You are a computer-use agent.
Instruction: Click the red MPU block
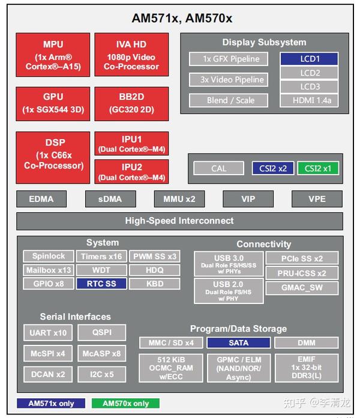pyautogui.click(x=53, y=55)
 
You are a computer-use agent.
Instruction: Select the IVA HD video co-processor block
pyautogui.click(x=131, y=55)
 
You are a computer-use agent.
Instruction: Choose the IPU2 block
pyautogui.click(x=131, y=172)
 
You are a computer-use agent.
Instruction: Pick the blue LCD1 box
pyautogui.click(x=309, y=59)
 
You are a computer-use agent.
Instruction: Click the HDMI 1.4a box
pyautogui.click(x=309, y=100)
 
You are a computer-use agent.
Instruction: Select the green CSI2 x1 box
pyautogui.click(x=317, y=169)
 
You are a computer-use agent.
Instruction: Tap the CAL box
pyautogui.click(x=218, y=169)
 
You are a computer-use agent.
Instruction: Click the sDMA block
pyautogui.click(x=110, y=199)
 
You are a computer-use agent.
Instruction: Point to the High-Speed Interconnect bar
pyautogui.click(x=179, y=221)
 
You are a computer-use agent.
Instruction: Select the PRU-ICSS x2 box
pyautogui.click(x=302, y=273)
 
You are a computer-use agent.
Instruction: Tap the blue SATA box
pyautogui.click(x=238, y=342)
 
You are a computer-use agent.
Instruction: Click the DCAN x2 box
pyautogui.click(x=48, y=374)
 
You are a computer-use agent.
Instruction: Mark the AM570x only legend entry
pyautogui.click(x=125, y=404)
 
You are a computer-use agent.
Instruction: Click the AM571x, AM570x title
pyautogui.click(x=182, y=19)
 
